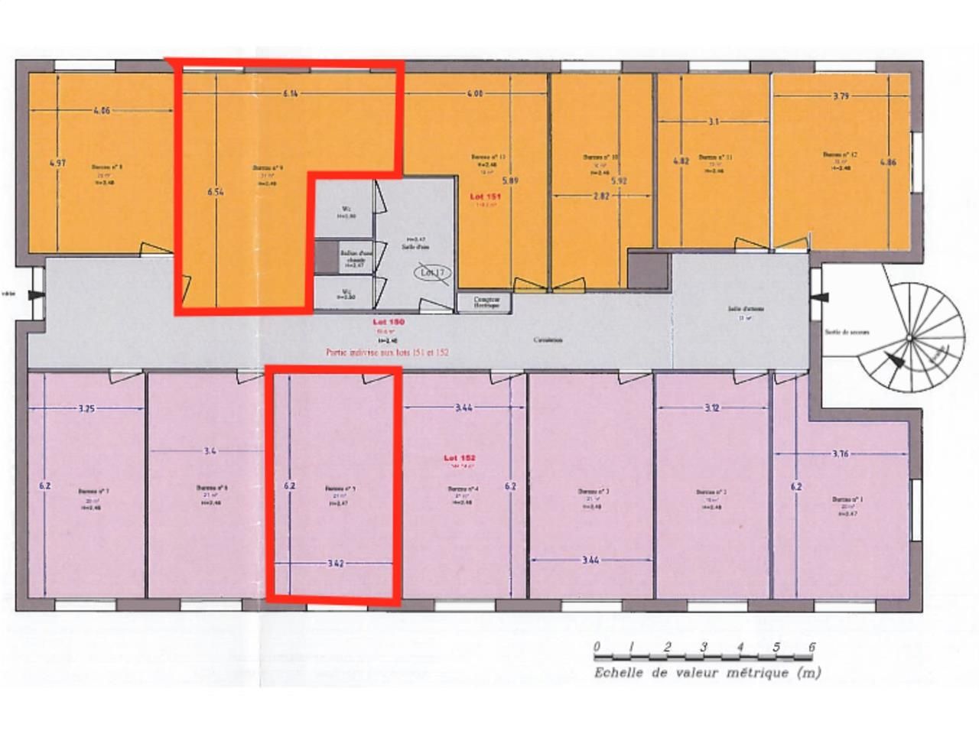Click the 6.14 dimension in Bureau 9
tap(289, 94)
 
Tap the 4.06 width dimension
tap(102, 110)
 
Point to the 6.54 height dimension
tap(215, 193)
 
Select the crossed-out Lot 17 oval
tap(434, 271)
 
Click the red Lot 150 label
tap(388, 323)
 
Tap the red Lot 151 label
tap(486, 196)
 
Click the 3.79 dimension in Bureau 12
tap(841, 96)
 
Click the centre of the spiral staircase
tap(909, 337)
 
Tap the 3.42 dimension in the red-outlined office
tap(335, 563)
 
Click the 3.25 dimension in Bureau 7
tap(86, 408)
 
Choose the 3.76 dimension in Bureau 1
tap(840, 453)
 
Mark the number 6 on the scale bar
tap(811, 647)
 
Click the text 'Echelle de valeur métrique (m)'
tap(707, 673)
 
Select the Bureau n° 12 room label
tap(840, 154)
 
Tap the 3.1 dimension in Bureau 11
tap(713, 122)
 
